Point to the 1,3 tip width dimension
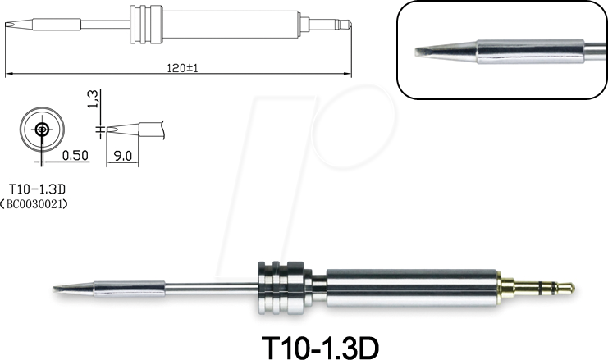click(92, 101)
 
